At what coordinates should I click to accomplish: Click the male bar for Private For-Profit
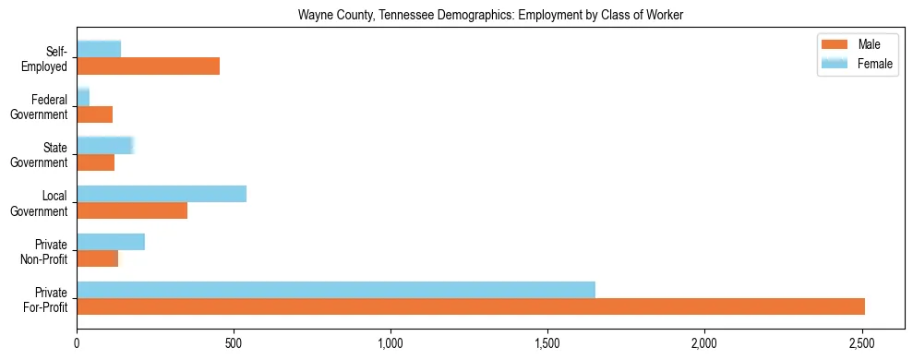[x=471, y=306]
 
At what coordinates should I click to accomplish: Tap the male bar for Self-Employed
[x=148, y=66]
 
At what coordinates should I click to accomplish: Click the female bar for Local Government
[x=162, y=194]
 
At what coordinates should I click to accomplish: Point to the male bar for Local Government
[x=132, y=210]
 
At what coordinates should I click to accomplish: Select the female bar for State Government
[x=105, y=146]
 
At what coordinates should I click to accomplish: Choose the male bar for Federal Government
[x=94, y=114]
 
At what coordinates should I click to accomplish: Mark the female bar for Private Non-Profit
[x=111, y=242]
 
